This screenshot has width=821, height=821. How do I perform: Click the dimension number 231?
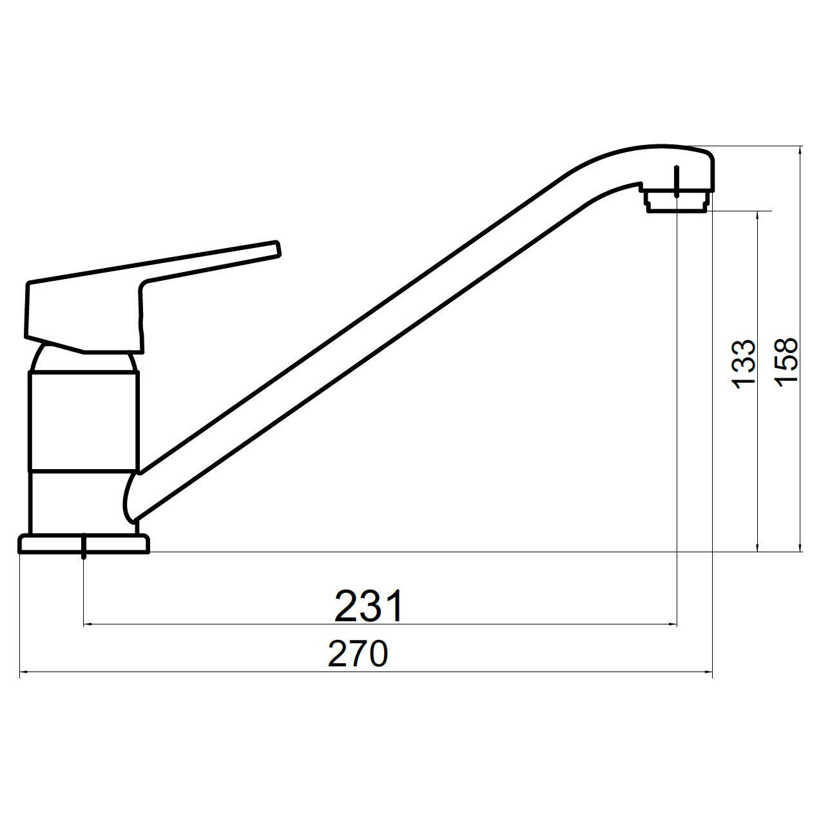[x=369, y=606]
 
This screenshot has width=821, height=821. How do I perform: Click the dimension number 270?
[x=358, y=654]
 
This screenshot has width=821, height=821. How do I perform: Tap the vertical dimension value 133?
[x=744, y=364]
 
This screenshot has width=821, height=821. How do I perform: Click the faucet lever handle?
[x=140, y=298]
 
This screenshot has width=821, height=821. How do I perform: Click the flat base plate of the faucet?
[x=84, y=544]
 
